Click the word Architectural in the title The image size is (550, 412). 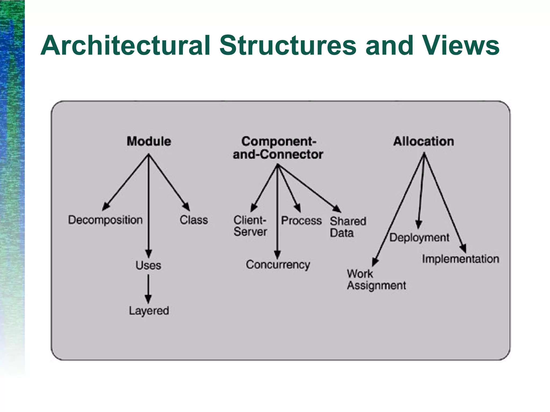coord(125,46)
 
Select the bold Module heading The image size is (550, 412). coord(149,141)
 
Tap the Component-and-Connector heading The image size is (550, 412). coord(278,148)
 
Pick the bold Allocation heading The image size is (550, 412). coord(424,141)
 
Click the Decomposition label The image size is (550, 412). coord(105,220)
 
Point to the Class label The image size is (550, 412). coord(194,220)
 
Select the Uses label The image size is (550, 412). coord(148,265)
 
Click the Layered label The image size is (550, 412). coord(149,311)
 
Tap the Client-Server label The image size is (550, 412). coord(250,226)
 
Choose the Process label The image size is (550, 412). coord(301,220)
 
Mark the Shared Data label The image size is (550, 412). coord(348,227)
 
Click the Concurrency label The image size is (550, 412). coord(278,265)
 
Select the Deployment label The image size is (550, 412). coord(419,238)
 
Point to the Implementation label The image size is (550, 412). coord(460,259)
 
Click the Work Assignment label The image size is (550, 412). coord(376,279)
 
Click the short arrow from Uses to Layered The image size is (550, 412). coord(148,289)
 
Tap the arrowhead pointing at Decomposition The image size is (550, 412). coord(106,207)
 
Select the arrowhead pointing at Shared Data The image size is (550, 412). coord(337,209)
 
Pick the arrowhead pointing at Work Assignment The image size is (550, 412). coord(375,261)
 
